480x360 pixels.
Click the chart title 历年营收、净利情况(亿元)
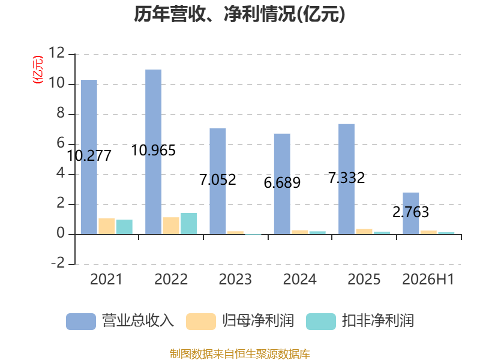click(x=239, y=14)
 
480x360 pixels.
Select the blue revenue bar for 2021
click(x=89, y=157)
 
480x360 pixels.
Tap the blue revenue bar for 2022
click(x=154, y=152)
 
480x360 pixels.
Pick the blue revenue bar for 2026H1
click(x=411, y=214)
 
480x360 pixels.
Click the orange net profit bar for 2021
click(x=107, y=226)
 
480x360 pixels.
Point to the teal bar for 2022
click(x=188, y=224)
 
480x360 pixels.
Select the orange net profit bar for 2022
click(x=171, y=226)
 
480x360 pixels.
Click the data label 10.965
click(x=154, y=151)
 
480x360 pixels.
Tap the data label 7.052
click(x=218, y=179)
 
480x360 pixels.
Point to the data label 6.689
click(x=282, y=183)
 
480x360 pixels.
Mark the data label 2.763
click(x=411, y=212)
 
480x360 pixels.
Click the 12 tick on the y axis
click(x=56, y=53)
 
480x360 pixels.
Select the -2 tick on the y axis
click(x=58, y=263)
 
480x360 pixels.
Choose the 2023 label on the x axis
click(x=235, y=279)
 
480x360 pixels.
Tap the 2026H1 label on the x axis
click(x=428, y=279)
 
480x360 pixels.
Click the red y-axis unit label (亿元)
click(x=38, y=70)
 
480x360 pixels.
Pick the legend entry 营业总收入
click(x=120, y=321)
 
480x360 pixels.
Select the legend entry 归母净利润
click(x=240, y=321)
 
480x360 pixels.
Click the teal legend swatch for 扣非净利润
click(x=321, y=322)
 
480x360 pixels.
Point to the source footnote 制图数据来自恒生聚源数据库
click(x=240, y=354)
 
